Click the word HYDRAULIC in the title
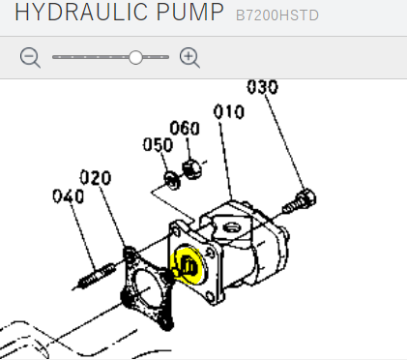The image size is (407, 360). pos(82,13)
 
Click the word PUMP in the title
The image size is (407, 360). pos(190,13)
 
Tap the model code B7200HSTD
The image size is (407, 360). pos(277,15)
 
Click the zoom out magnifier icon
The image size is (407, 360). pos(30,58)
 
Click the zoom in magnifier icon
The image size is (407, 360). pos(189,58)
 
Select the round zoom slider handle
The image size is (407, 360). pos(135,57)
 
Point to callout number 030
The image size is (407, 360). pos(262,87)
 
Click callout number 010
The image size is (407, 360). pos(229,111)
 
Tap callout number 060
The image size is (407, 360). pos(185,128)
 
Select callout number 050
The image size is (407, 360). pos(158,144)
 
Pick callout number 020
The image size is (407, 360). pos(96,177)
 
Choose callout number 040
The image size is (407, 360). pos(69,196)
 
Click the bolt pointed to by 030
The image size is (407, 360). pos(300,201)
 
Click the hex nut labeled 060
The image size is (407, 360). pos(192,169)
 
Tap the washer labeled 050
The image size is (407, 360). pos(172,181)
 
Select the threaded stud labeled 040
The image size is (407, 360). pos(96,277)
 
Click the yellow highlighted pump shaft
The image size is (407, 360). pos(188,266)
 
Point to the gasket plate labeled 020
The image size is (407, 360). pos(148,288)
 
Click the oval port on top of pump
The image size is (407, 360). pos(231,228)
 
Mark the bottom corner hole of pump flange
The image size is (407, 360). pos(210,296)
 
